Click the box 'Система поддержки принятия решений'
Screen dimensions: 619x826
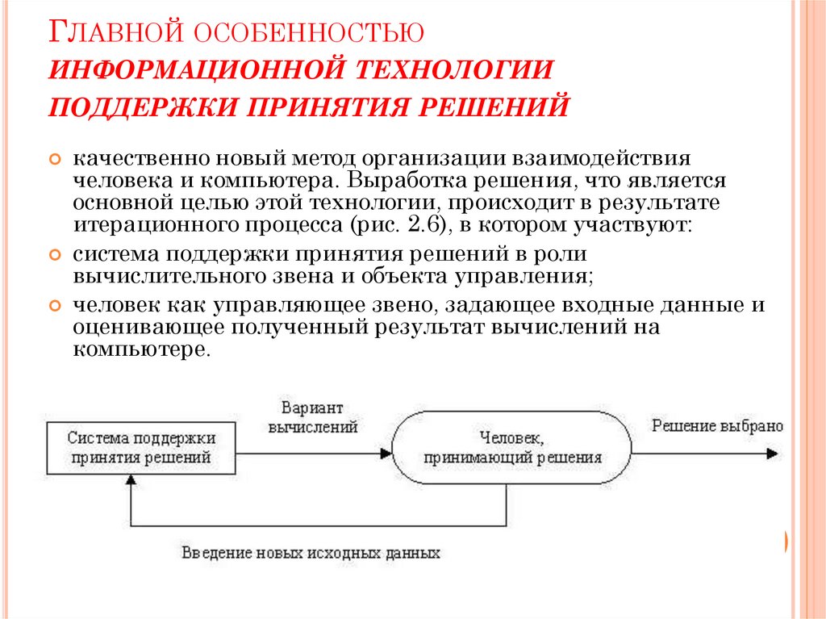coord(141,448)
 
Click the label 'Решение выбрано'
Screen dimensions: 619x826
coord(716,426)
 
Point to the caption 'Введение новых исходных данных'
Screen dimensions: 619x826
coord(311,554)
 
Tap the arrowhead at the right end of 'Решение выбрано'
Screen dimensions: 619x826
coord(772,454)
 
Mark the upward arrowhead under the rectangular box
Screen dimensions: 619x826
coord(130,482)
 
